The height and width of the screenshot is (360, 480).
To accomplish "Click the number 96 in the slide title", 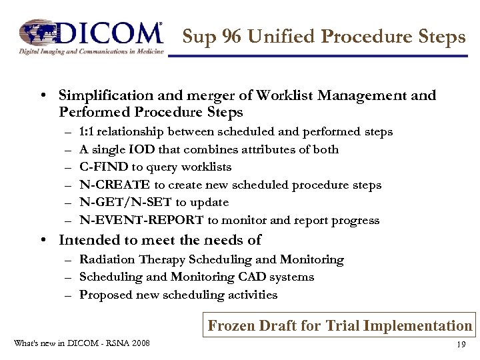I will pos(231,37).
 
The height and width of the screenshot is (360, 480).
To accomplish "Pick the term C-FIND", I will pos(103,167).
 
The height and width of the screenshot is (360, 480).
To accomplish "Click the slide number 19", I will pos(460,345).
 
